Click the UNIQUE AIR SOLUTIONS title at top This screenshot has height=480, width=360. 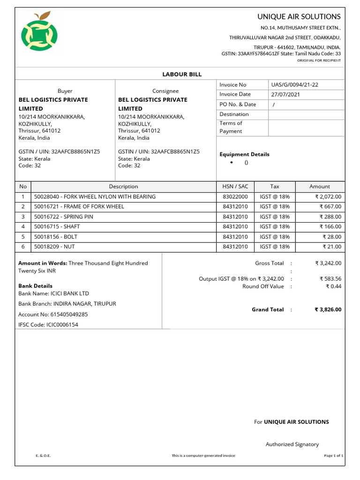pyautogui.click(x=299, y=16)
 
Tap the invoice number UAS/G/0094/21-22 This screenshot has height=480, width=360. pyautogui.click(x=294, y=85)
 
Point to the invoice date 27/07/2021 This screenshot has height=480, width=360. pyautogui.click(x=285, y=94)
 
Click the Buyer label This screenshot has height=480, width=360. pyautogui.click(x=65, y=91)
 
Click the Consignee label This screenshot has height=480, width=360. pyautogui.click(x=165, y=91)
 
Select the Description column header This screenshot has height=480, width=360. pyautogui.click(x=123, y=187)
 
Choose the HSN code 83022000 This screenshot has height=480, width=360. pyautogui.click(x=235, y=197)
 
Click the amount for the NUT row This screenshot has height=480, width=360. pyautogui.click(x=331, y=247)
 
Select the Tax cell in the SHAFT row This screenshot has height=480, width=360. pyautogui.click(x=275, y=227)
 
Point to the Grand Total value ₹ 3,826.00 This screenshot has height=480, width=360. pyautogui.click(x=328, y=309)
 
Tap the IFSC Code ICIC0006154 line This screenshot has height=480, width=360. pyautogui.click(x=48, y=324)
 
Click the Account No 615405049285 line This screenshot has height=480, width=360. pyautogui.click(x=53, y=315)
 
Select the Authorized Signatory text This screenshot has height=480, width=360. pyautogui.click(x=292, y=444)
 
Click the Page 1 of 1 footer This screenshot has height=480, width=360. pyautogui.click(x=334, y=456)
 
